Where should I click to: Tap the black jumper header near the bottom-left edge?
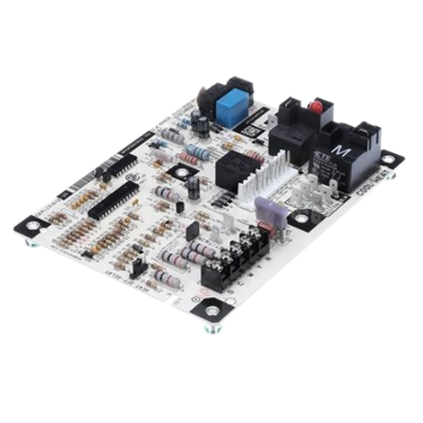(x=138, y=269)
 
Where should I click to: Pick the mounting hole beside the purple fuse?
(x=299, y=217)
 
